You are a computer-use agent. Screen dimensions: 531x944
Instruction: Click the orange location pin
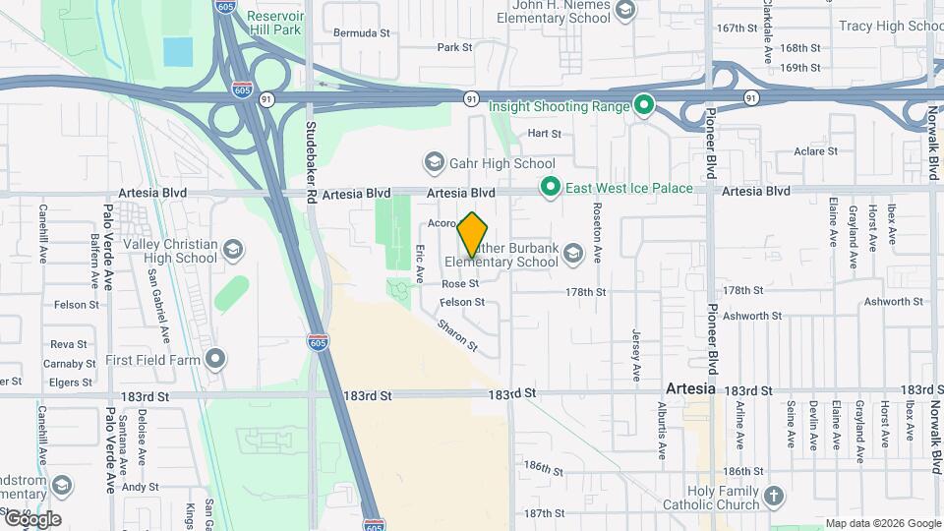(473, 233)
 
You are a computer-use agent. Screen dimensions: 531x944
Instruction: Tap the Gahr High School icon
(434, 161)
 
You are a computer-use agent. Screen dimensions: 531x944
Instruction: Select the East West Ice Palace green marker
(551, 187)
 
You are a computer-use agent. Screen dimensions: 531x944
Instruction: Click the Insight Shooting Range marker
(644, 103)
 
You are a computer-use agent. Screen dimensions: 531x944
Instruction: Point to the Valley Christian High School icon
(233, 250)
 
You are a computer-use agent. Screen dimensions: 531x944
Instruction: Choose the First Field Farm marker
(216, 359)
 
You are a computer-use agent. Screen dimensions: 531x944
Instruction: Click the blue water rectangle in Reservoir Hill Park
(178, 51)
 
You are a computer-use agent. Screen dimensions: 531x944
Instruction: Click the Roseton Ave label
(597, 233)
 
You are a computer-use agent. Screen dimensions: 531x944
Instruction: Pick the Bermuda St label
(362, 32)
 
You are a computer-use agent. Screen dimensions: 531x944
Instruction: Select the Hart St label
(544, 133)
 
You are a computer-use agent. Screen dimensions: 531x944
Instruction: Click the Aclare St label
(816, 151)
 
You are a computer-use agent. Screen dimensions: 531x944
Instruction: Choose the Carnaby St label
(70, 363)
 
